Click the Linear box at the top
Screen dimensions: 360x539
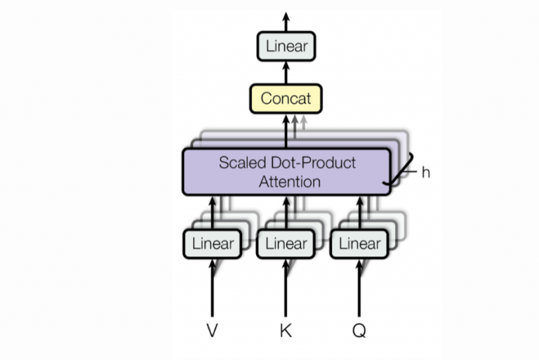pyautogui.click(x=286, y=47)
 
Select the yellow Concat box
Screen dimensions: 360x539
pyautogui.click(x=286, y=98)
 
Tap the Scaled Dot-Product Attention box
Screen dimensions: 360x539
pyautogui.click(x=286, y=171)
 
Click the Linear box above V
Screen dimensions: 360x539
pyautogui.click(x=212, y=244)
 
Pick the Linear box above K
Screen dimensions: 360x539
pyautogui.click(x=286, y=244)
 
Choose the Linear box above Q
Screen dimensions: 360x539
pyautogui.click(x=359, y=244)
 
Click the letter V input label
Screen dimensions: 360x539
pyautogui.click(x=212, y=330)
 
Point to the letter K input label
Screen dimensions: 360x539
pyautogui.click(x=286, y=330)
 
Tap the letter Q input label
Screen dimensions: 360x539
pyautogui.click(x=359, y=330)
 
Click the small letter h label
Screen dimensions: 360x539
pyautogui.click(x=425, y=172)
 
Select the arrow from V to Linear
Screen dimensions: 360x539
pyautogui.click(x=212, y=288)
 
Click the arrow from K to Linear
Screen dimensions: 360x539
pyautogui.click(x=286, y=288)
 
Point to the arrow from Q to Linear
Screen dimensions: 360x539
pyautogui.click(x=359, y=288)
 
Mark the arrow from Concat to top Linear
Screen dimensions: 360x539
pyautogui.click(x=286, y=72)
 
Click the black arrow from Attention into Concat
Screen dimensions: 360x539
pyautogui.click(x=286, y=131)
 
